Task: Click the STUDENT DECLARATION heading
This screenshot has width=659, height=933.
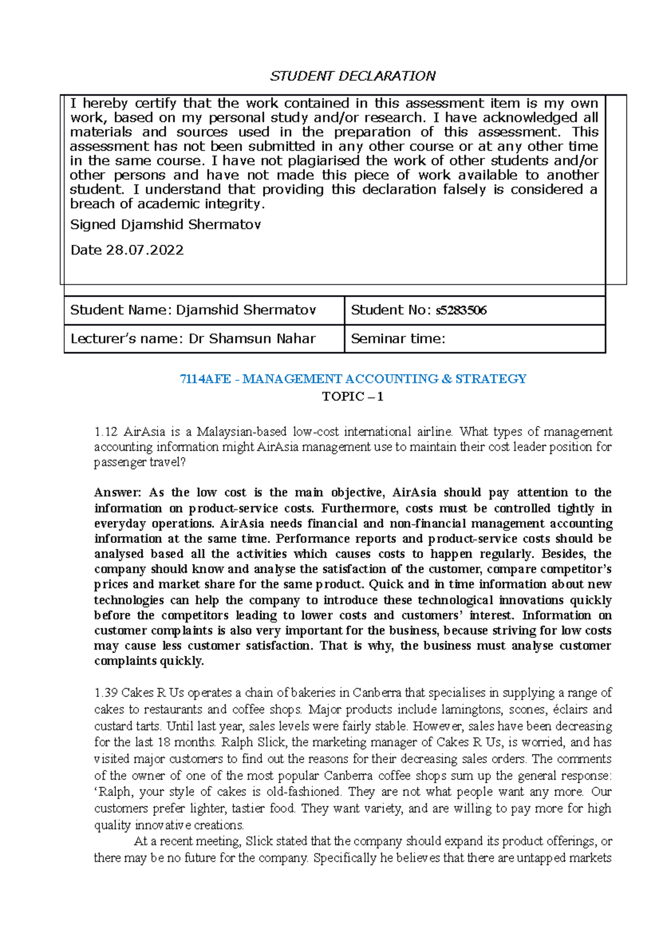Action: pos(353,76)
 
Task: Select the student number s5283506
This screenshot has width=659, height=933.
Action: pos(461,310)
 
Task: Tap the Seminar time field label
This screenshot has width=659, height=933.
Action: pos(398,339)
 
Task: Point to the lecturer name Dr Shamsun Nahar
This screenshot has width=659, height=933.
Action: pos(252,339)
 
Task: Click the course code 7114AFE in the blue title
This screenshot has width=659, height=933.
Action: pos(205,379)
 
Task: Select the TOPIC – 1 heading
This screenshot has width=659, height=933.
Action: pos(353,397)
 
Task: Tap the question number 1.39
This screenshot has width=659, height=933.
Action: pos(105,693)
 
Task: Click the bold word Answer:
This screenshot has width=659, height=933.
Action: pos(118,493)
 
